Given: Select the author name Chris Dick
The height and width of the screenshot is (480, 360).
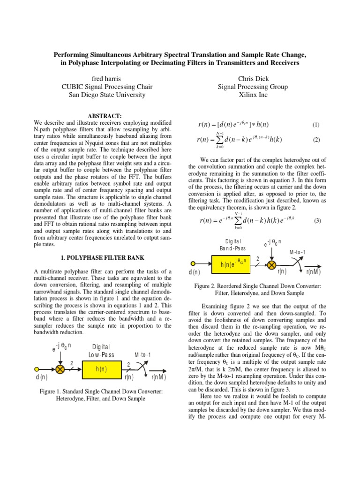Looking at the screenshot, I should click(253, 79).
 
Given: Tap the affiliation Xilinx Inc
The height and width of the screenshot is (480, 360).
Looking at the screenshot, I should click(253, 95).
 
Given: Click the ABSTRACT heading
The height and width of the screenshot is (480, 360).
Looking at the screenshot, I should click(105, 115).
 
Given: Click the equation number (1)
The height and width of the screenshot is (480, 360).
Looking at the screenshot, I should click(315, 125).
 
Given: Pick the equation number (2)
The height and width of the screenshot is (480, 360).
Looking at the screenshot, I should click(315, 140).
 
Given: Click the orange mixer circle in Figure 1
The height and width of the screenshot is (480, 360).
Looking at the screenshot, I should click(60, 370).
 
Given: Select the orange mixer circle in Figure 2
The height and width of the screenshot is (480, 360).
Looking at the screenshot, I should click(271, 265).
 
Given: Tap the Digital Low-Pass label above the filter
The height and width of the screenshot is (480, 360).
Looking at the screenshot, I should click(101, 351).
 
